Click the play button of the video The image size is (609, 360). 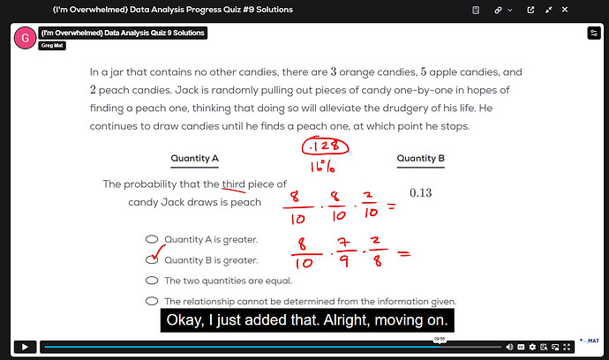tap(25, 347)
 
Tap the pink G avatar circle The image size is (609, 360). tap(25, 38)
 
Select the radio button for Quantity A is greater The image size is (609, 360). tap(152, 239)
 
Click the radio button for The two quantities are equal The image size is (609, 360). tap(152, 281)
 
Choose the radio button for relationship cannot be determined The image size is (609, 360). tap(152, 301)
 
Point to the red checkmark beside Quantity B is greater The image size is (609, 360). tap(158, 252)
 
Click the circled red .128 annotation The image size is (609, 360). tap(325, 146)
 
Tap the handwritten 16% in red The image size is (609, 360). tap(322, 166)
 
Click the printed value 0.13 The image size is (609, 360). tap(421, 192)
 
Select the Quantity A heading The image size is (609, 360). tap(194, 159)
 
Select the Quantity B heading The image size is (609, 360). tap(421, 159)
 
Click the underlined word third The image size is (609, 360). tap(233, 184)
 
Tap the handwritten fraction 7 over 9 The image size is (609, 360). tap(343, 252)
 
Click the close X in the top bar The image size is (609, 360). tap(565, 10)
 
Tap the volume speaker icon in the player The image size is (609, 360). tap(509, 347)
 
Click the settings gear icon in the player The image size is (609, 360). tap(532, 347)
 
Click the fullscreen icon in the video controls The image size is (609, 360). tap(567, 347)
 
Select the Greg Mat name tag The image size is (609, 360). tap(52, 45)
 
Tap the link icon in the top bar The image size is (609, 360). tap(498, 10)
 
